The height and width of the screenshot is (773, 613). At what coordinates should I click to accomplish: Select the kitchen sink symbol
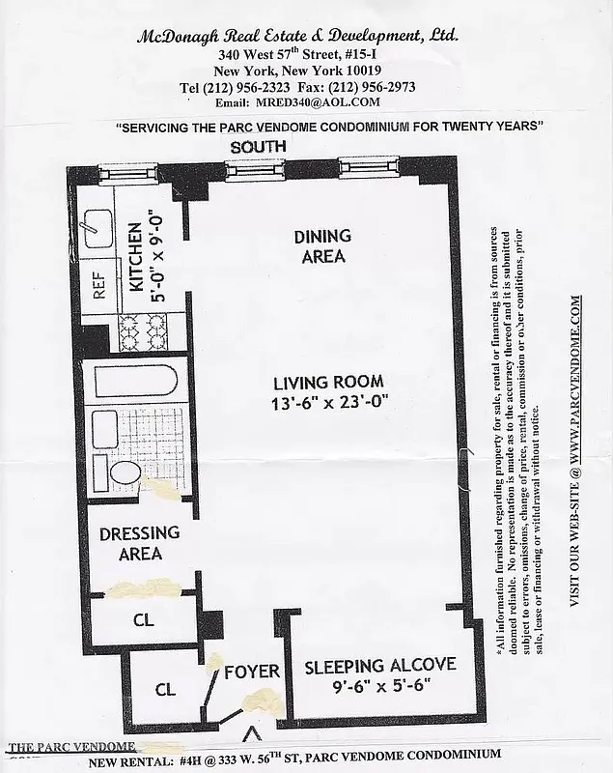(x=96, y=228)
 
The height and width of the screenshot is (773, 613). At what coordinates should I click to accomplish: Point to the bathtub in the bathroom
(x=130, y=382)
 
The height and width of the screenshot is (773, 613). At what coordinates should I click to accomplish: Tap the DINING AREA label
(x=323, y=246)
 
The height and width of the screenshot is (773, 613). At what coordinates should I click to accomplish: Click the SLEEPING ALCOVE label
(x=380, y=667)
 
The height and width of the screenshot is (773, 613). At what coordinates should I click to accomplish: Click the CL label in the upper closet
(x=143, y=620)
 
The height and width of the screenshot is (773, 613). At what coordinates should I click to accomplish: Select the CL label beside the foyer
(x=165, y=690)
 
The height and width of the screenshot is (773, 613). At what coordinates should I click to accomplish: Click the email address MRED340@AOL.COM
(x=318, y=101)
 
